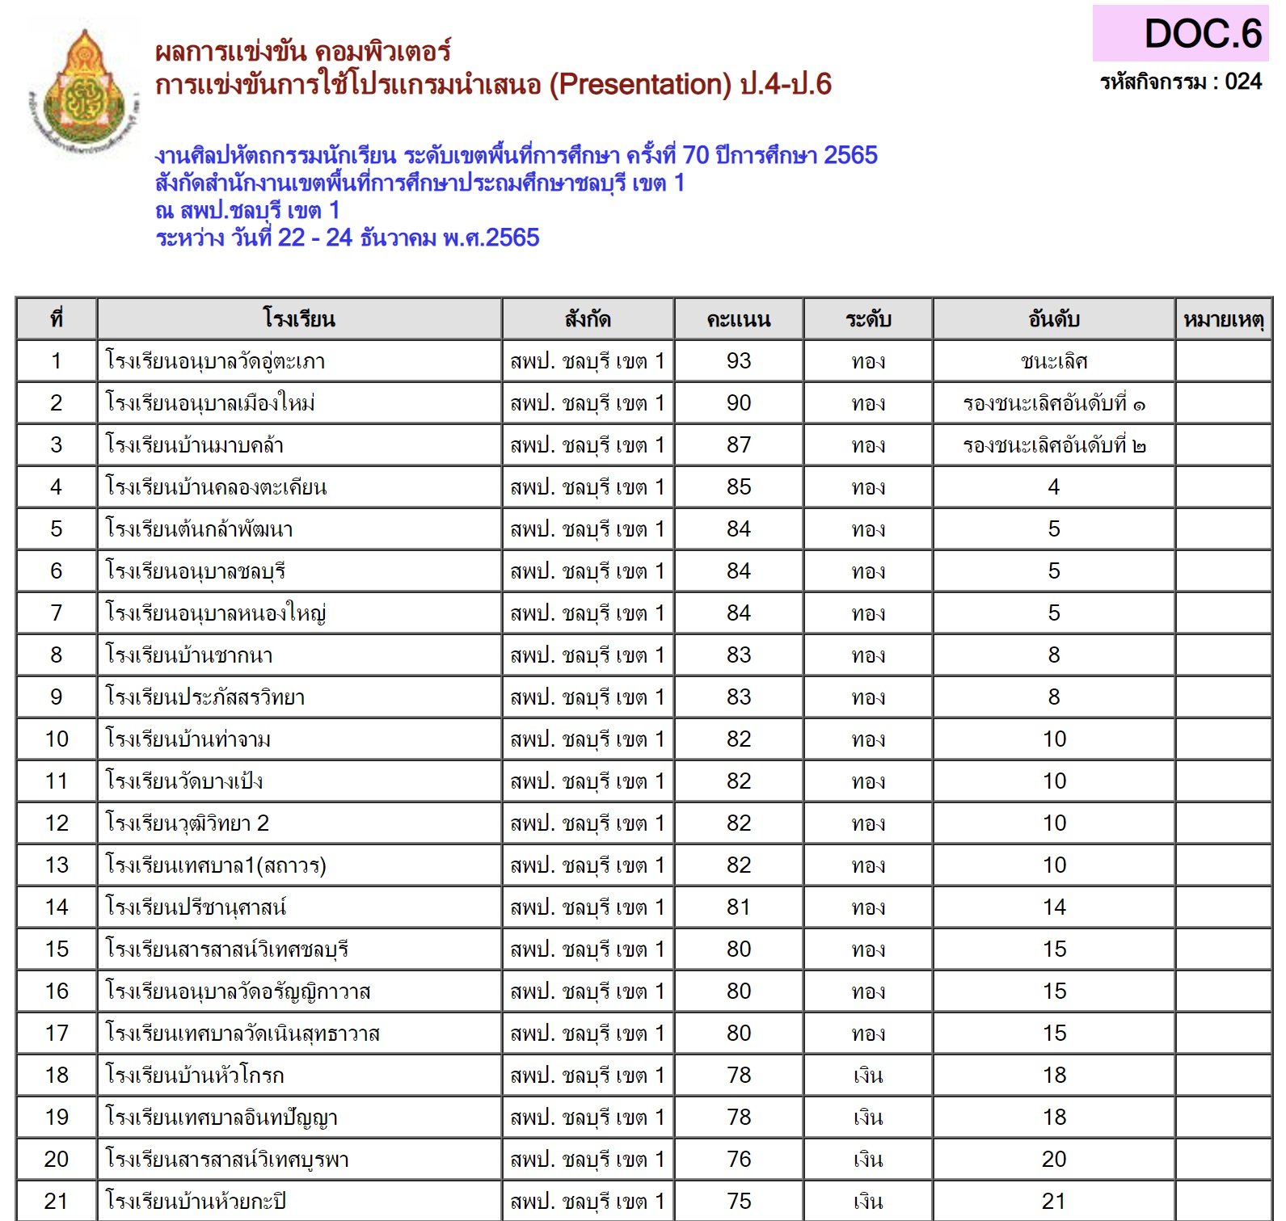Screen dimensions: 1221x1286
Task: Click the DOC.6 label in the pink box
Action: [x=1202, y=34]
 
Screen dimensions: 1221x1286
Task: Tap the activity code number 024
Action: [x=1243, y=82]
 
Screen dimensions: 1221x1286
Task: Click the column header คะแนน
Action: [x=738, y=319]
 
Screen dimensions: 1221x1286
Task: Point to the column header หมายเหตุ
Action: [x=1223, y=319]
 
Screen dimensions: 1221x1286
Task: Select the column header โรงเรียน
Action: [x=299, y=319]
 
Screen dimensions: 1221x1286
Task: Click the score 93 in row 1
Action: [x=738, y=361]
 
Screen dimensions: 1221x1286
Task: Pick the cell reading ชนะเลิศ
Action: [x=1053, y=361]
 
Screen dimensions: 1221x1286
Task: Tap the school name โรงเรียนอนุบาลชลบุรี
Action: [x=196, y=571]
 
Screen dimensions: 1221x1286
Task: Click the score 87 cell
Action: [x=738, y=445]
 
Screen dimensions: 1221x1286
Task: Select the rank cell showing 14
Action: [x=1053, y=907]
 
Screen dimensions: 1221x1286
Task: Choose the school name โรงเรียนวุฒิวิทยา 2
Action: [x=188, y=823]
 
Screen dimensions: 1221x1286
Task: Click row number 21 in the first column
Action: [x=56, y=1202]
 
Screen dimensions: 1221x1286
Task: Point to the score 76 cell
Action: [x=738, y=1160]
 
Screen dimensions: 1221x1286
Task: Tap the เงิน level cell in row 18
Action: [x=868, y=1076]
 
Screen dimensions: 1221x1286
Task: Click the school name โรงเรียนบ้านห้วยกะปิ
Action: [x=196, y=1202]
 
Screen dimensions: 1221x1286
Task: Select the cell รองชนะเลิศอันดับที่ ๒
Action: [x=1053, y=445]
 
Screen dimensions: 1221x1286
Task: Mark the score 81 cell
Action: [x=738, y=907]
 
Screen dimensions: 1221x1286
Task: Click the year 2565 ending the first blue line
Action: [x=850, y=155]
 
